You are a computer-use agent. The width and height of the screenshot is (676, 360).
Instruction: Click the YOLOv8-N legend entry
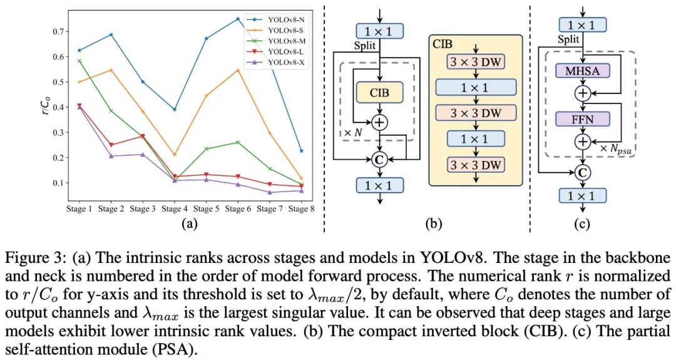pos(285,19)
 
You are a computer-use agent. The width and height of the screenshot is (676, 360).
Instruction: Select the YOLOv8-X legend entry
pos(285,62)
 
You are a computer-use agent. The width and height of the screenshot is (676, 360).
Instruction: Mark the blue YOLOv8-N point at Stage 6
pos(237,19)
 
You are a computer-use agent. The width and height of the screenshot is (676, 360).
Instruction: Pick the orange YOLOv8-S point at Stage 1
pos(78,82)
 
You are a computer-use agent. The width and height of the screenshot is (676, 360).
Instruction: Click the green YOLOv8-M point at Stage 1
pos(78,61)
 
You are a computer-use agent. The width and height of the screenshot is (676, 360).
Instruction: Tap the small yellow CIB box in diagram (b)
pos(377,93)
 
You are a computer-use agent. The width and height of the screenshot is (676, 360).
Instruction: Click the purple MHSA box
pos(582,71)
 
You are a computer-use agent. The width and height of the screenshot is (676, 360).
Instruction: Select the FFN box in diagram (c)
pos(582,118)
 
